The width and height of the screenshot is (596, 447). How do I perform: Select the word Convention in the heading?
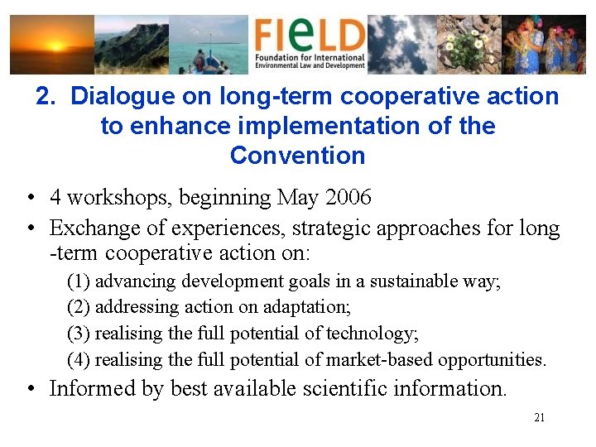[x=297, y=156]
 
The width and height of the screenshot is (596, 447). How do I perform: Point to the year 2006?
[x=348, y=198]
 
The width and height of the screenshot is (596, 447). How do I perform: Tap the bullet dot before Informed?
[x=29, y=389]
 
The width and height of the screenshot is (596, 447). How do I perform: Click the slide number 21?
[x=539, y=418]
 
